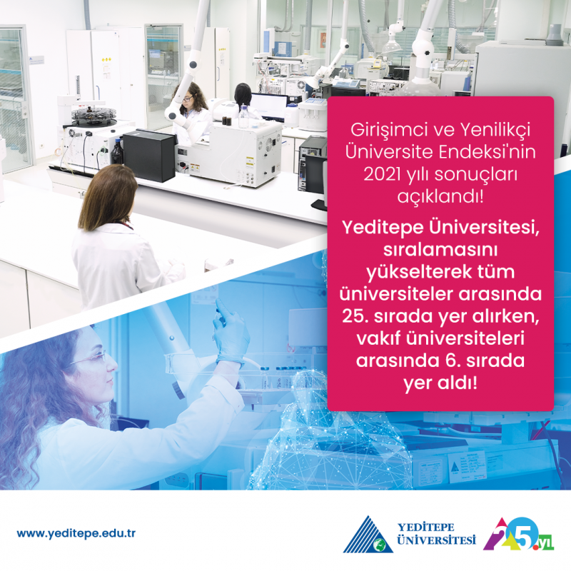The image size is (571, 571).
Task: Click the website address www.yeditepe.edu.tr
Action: (76, 533)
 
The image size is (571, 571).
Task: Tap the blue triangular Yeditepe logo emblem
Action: (368, 534)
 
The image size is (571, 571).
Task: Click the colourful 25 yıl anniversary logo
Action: (518, 534)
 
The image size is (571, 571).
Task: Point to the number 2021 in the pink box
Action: (382, 174)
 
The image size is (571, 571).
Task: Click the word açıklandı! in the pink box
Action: (440, 196)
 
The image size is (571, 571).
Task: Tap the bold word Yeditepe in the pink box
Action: (383, 228)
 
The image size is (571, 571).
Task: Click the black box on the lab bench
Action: (149, 155)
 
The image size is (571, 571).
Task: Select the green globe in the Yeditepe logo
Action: (380, 545)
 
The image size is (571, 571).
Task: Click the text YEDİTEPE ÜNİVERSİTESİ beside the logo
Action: (436, 533)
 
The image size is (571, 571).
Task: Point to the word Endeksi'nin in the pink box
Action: (487, 152)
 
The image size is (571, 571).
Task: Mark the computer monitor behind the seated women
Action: (269, 106)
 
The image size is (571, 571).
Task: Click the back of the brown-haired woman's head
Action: (108, 197)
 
